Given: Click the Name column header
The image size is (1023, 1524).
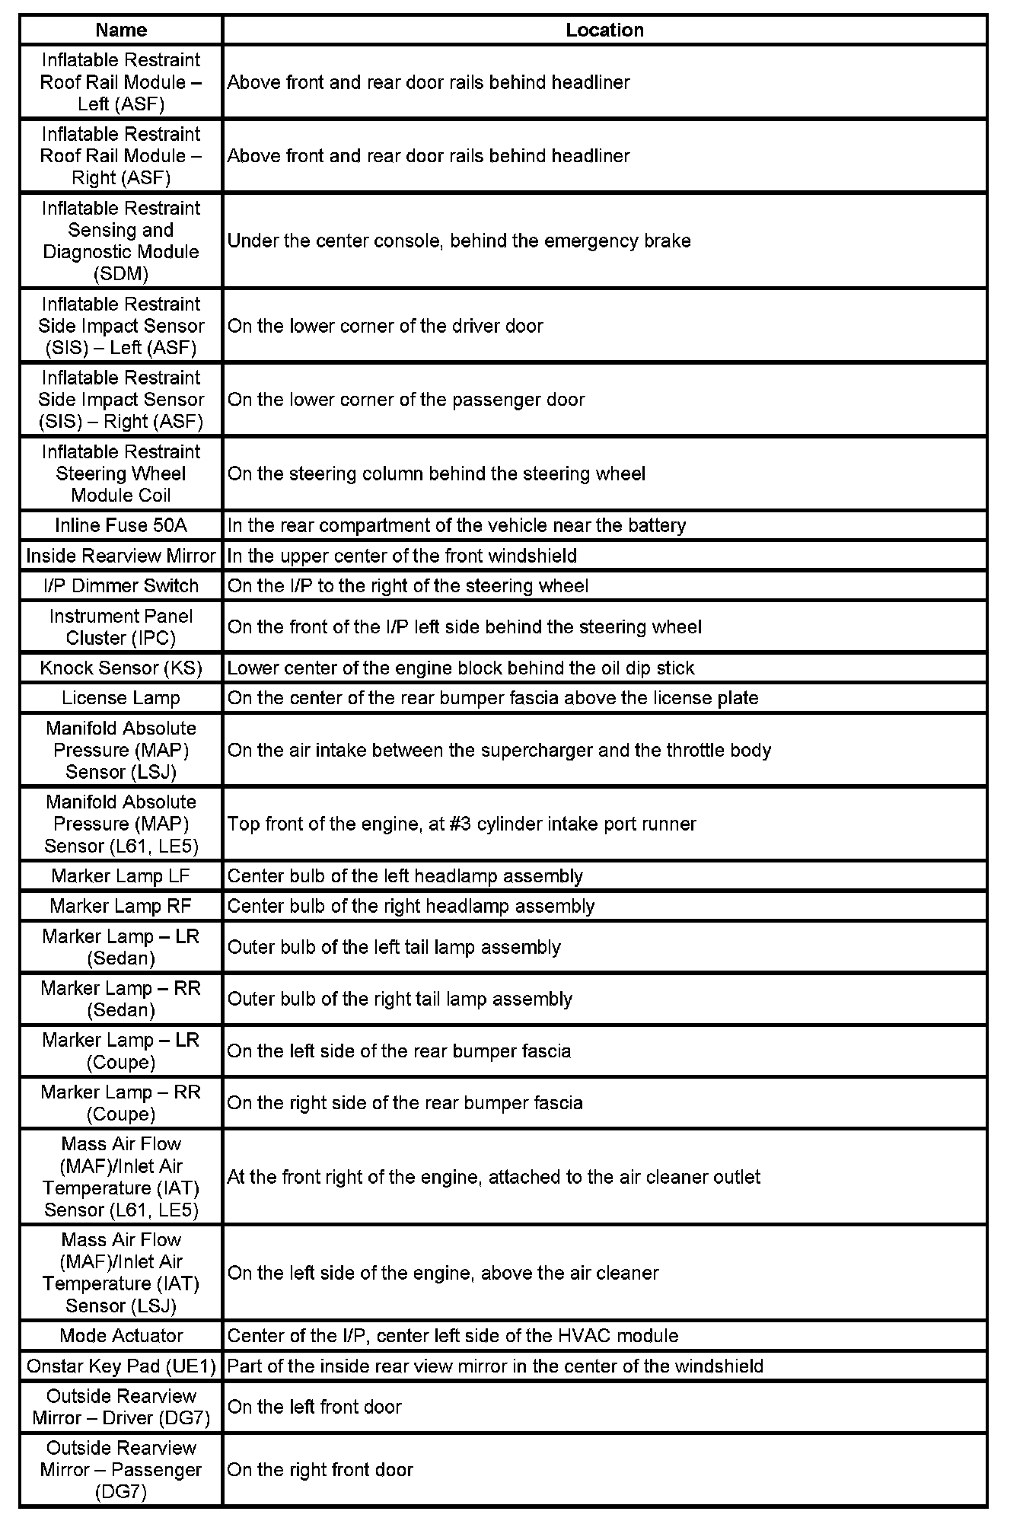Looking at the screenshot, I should (x=121, y=30).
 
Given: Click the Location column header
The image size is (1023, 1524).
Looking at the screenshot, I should (x=604, y=30).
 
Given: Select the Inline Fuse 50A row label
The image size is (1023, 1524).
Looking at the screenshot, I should (x=121, y=525).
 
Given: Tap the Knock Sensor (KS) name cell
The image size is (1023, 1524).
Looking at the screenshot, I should (x=121, y=668).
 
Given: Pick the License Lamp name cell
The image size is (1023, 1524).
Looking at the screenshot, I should (x=121, y=698).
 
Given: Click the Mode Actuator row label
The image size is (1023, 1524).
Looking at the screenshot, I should (x=121, y=1335).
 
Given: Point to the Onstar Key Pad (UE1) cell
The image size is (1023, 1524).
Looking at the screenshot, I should (x=121, y=1366).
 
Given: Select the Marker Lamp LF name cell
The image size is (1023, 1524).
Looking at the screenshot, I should (x=121, y=875).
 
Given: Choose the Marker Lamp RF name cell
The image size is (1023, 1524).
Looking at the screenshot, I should (x=121, y=906).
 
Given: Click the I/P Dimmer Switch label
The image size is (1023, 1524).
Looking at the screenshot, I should (x=121, y=585).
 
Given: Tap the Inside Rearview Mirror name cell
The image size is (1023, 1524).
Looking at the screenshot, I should (x=121, y=556).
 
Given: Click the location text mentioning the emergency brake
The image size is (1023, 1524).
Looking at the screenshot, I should (x=459, y=241).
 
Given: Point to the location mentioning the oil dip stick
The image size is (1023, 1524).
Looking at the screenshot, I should (x=461, y=668).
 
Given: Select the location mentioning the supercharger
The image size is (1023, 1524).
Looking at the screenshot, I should (x=499, y=750).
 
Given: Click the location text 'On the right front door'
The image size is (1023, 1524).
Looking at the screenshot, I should (x=320, y=1469).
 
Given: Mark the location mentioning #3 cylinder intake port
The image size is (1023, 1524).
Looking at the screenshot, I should (x=461, y=824).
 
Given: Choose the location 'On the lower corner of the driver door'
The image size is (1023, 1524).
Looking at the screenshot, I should (x=385, y=326).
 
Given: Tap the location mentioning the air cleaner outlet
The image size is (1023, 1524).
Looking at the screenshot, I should (x=493, y=1177).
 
